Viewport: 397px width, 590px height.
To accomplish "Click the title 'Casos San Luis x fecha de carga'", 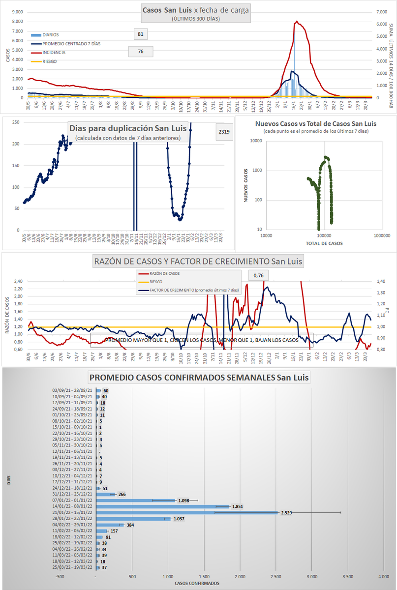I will [196, 9].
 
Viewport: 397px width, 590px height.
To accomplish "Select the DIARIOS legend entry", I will [50, 35].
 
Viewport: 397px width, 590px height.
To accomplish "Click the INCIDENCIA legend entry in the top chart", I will [53, 52].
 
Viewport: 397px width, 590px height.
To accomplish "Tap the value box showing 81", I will [141, 34].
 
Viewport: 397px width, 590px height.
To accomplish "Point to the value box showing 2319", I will [224, 132].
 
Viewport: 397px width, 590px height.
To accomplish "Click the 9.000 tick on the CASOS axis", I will [16, 12].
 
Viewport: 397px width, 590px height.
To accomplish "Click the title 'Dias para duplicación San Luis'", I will [128, 128].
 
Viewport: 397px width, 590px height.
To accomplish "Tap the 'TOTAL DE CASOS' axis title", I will [324, 243].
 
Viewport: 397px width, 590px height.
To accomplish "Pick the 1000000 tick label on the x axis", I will [382, 236].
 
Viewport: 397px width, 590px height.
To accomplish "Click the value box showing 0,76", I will [258, 276].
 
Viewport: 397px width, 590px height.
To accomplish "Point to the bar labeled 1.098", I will [136, 500].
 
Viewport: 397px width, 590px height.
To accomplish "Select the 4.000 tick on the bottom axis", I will [383, 576].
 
